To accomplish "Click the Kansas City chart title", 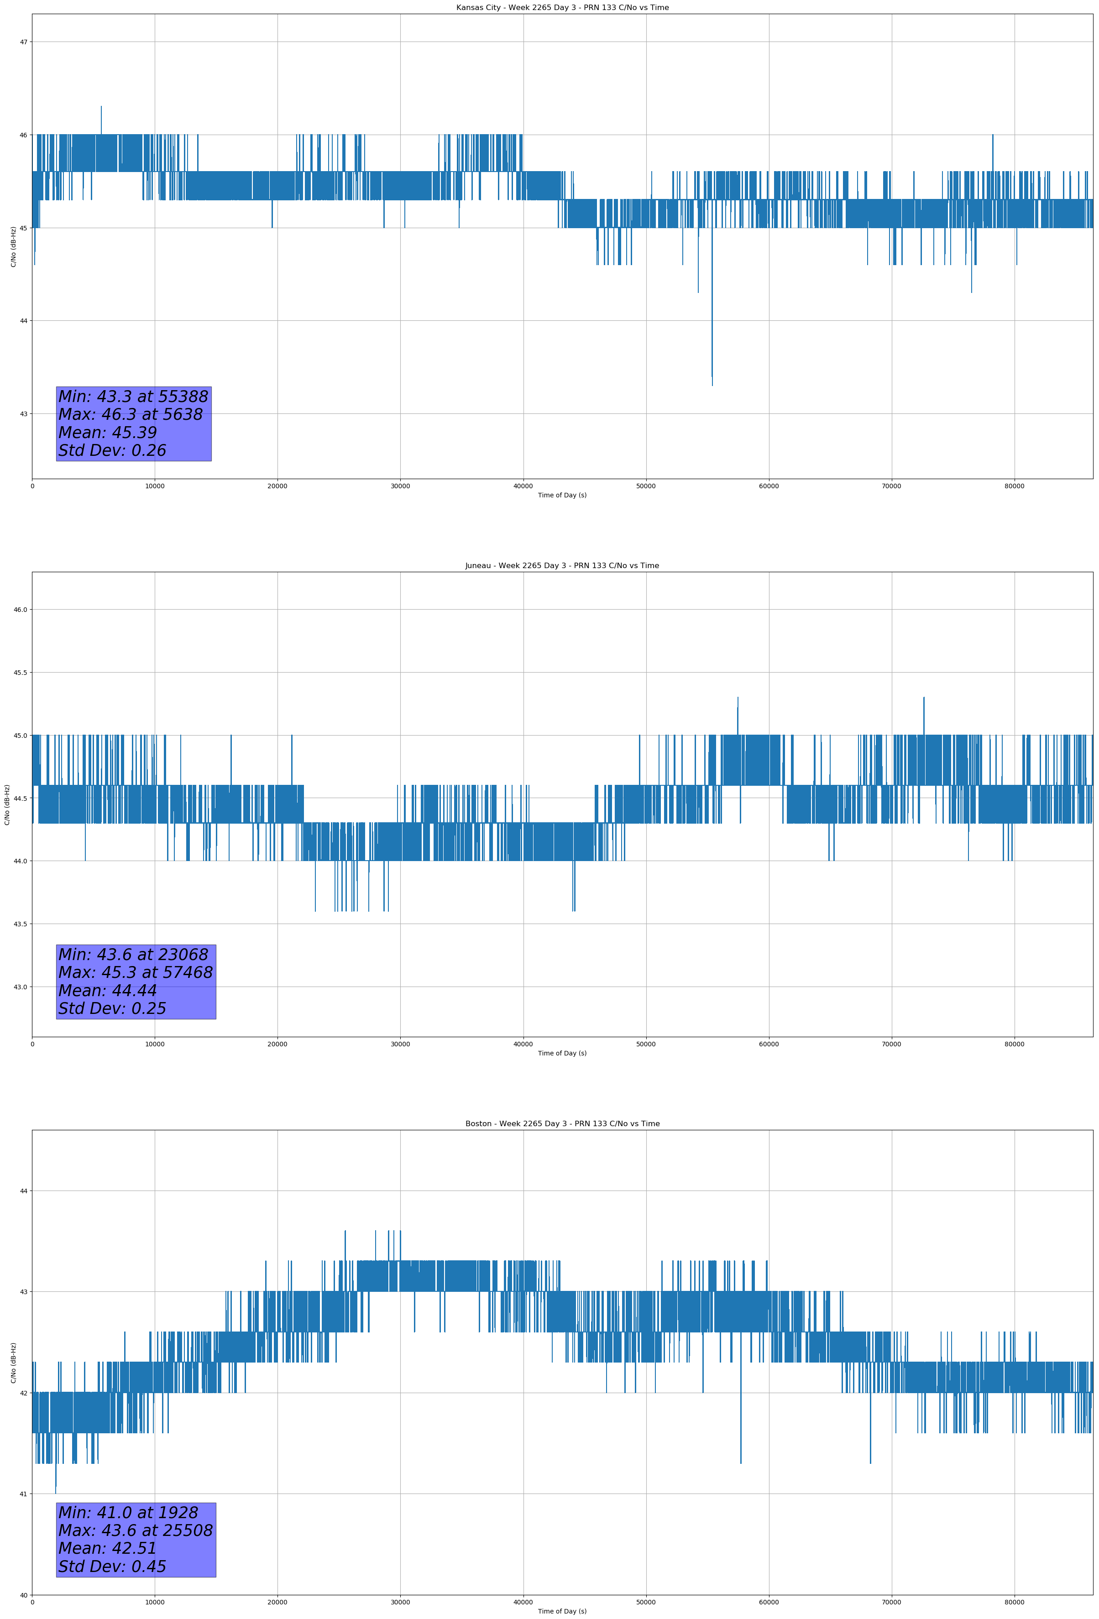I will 562,8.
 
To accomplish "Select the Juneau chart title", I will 562,566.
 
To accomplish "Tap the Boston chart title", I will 562,1124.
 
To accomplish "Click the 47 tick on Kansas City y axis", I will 24,42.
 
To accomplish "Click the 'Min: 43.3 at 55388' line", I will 133,397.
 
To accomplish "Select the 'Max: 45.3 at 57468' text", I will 135,972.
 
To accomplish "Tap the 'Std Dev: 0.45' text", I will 112,1566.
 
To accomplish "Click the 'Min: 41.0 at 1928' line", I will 128,1512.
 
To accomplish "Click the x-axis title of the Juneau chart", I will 562,1053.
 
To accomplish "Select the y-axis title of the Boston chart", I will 13,1363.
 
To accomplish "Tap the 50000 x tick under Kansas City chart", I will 646,486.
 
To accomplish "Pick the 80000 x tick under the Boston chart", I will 1014,1602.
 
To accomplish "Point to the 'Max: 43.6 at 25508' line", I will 135,1530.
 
